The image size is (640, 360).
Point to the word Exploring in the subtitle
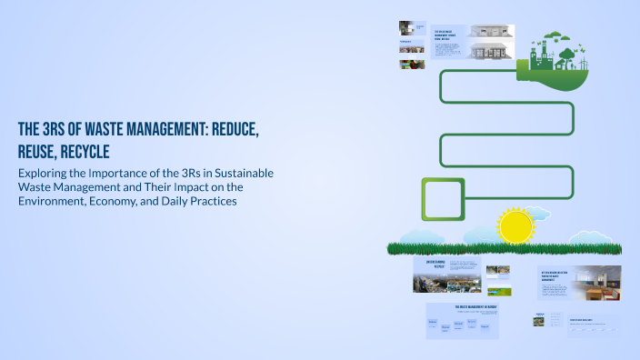(x=45, y=173)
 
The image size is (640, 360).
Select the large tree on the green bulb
(x=568, y=55)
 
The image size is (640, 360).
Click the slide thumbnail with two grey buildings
(x=491, y=42)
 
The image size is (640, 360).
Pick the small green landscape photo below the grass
(x=498, y=292)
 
